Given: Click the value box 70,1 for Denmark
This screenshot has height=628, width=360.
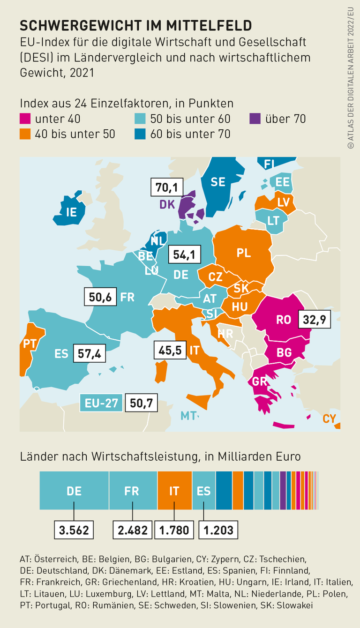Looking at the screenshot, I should pyautogui.click(x=166, y=187).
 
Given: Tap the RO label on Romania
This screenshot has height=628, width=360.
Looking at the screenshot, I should pyautogui.click(x=284, y=320).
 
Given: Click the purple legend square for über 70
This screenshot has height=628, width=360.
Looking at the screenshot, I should pyautogui.click(x=255, y=119).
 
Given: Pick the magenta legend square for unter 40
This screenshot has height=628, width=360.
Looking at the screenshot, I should pyautogui.click(x=25, y=119).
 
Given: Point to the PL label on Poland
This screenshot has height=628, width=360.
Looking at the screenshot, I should pyautogui.click(x=243, y=253).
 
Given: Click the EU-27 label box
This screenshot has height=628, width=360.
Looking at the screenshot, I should pyautogui.click(x=101, y=403).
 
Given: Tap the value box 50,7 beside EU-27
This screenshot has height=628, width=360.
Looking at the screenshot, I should pyautogui.click(x=141, y=403).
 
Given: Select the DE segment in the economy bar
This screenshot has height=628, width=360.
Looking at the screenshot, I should pyautogui.click(x=74, y=491).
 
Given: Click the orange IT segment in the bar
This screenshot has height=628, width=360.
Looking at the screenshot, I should pyautogui.click(x=174, y=491).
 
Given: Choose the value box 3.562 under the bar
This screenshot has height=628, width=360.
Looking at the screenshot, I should pyautogui.click(x=74, y=530).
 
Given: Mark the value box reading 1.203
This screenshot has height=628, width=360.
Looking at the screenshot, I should pyautogui.click(x=218, y=530).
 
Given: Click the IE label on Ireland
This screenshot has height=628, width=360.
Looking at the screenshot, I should pyautogui.click(x=71, y=212).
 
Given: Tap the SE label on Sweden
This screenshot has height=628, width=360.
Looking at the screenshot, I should pyautogui.click(x=218, y=182).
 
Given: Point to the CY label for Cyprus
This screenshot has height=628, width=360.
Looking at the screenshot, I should pyautogui.click(x=330, y=419).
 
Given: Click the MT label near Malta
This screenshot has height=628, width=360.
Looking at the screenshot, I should pyautogui.click(x=188, y=415).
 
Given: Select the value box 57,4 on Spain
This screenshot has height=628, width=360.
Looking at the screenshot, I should pyautogui.click(x=89, y=353).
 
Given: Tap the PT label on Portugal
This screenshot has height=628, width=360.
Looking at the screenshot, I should pyautogui.click(x=30, y=344).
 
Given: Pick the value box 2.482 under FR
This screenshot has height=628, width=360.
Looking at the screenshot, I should pyautogui.click(x=132, y=530).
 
